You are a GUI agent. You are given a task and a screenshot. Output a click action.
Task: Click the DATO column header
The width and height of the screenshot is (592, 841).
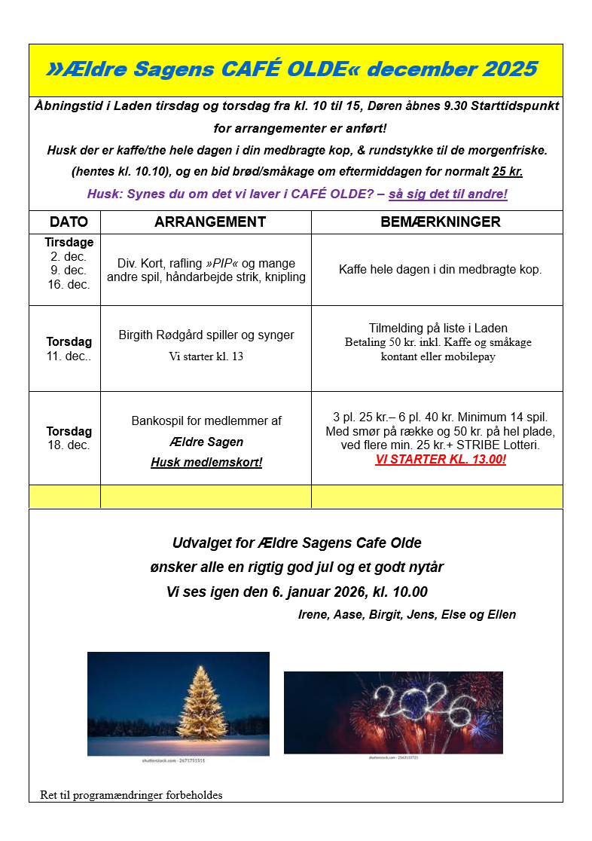[69, 222]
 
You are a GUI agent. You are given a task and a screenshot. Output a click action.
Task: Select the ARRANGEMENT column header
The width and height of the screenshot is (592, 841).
[209, 222]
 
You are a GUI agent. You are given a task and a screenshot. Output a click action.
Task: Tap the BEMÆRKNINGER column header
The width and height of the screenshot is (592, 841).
[441, 222]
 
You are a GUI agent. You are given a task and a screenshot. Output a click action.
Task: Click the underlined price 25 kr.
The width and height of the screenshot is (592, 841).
[507, 171]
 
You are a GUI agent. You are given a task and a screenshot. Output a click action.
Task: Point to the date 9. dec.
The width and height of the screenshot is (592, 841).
[69, 271]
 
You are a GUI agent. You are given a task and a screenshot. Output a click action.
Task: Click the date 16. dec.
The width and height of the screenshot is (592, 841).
[69, 285]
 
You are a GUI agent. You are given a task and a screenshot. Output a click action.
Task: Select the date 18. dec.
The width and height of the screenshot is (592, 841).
[69, 445]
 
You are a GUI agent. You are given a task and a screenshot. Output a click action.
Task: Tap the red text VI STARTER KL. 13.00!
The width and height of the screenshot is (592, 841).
[441, 460]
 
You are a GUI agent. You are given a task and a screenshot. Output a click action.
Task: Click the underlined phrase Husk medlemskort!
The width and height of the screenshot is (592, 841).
[206, 462]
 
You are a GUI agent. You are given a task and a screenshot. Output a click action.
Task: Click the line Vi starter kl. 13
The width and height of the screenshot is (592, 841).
[206, 356]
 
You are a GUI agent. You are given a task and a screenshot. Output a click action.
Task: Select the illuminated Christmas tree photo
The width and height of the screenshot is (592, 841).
[179, 704]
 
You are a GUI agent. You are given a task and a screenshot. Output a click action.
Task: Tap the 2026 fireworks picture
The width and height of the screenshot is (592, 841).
[393, 712]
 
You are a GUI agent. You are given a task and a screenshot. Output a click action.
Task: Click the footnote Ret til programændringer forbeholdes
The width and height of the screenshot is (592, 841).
[132, 795]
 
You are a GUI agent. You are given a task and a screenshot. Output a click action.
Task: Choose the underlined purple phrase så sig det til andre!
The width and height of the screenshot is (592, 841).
[448, 194]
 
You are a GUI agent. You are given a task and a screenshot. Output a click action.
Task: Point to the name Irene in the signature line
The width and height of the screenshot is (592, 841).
[313, 614]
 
